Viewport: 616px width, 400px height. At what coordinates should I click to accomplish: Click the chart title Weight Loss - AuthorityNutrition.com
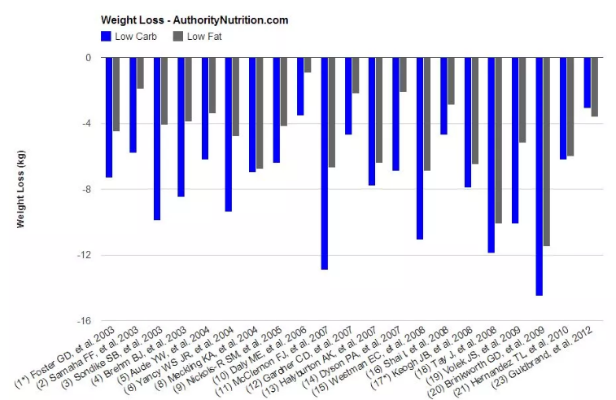point(194,20)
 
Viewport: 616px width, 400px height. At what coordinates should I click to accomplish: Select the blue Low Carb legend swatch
point(106,36)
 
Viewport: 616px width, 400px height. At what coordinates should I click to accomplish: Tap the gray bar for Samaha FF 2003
point(140,73)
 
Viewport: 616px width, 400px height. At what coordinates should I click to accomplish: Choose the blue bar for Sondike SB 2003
point(157,138)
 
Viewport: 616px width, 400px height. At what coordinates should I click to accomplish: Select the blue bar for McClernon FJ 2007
point(324,163)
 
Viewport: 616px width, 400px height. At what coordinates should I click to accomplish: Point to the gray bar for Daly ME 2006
point(308,65)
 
